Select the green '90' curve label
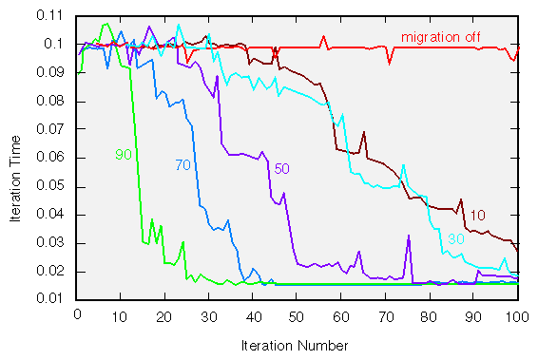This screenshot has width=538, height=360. [123, 154]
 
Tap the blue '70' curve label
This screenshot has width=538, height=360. [183, 165]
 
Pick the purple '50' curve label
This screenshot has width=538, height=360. [281, 168]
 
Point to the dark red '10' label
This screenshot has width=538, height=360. [479, 215]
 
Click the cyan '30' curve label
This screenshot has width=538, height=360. [455, 238]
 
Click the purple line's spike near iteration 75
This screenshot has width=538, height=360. [408, 236]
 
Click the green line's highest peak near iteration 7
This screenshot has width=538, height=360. [106, 24]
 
